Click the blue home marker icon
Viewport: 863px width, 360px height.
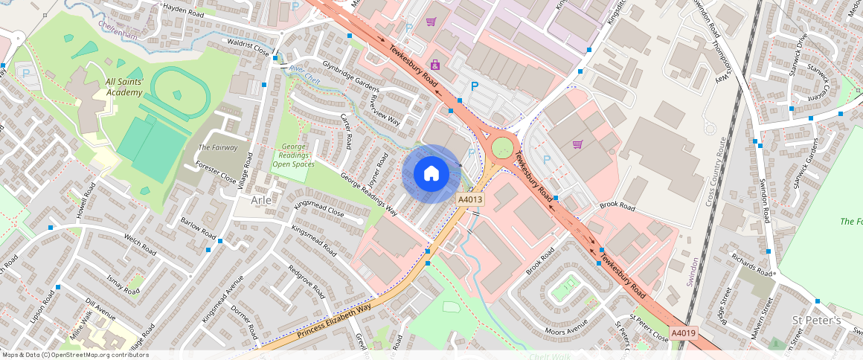point(431,173)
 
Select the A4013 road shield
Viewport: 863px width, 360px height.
point(470,200)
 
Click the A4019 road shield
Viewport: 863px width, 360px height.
point(682,333)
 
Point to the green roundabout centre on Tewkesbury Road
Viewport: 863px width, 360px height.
point(502,146)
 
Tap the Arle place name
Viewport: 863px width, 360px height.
point(262,201)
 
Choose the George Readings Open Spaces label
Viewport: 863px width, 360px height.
point(293,155)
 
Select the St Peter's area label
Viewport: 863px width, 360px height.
point(815,321)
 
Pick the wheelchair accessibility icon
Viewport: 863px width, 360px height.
point(434,65)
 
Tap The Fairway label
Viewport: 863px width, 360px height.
point(218,147)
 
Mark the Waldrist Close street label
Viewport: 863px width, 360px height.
point(247,46)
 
